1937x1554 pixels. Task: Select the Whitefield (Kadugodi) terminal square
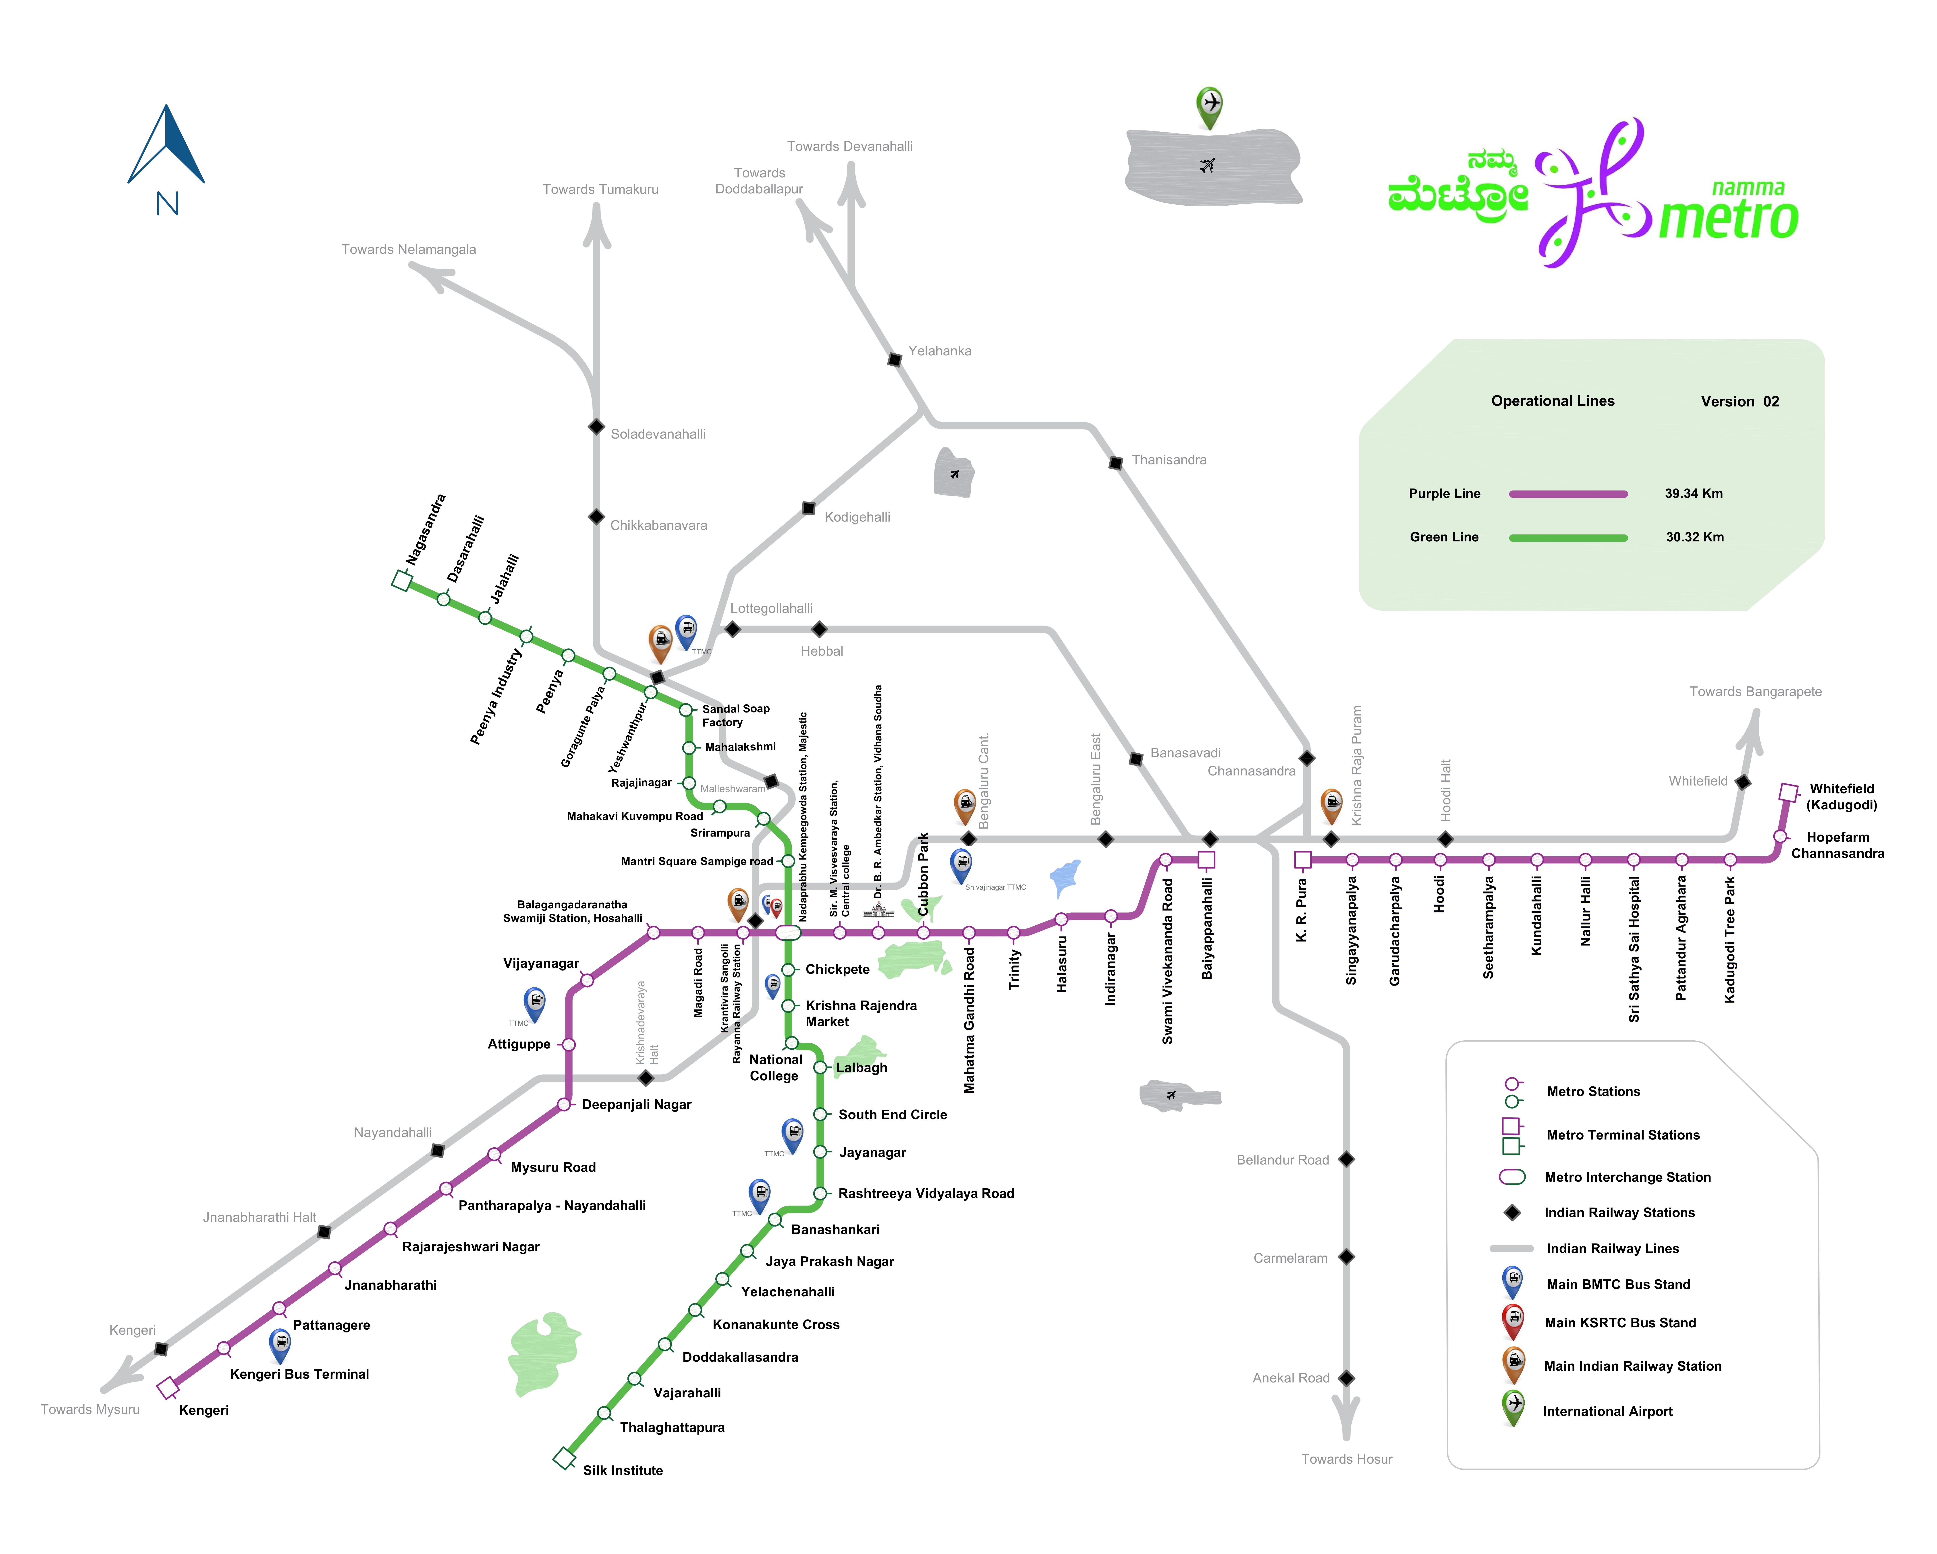point(1789,792)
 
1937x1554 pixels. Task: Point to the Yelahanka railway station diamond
point(895,359)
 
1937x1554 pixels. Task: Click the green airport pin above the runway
point(1209,105)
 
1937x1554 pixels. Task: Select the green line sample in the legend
point(1568,537)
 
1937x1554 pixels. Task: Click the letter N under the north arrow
point(167,204)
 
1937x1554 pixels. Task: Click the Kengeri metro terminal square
point(168,1388)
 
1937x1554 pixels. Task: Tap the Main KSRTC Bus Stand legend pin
point(1513,1320)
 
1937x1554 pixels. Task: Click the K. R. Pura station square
point(1303,860)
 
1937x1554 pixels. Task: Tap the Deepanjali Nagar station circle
point(564,1104)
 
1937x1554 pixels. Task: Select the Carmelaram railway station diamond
point(1346,1257)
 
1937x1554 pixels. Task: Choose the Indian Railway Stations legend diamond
point(1513,1213)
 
